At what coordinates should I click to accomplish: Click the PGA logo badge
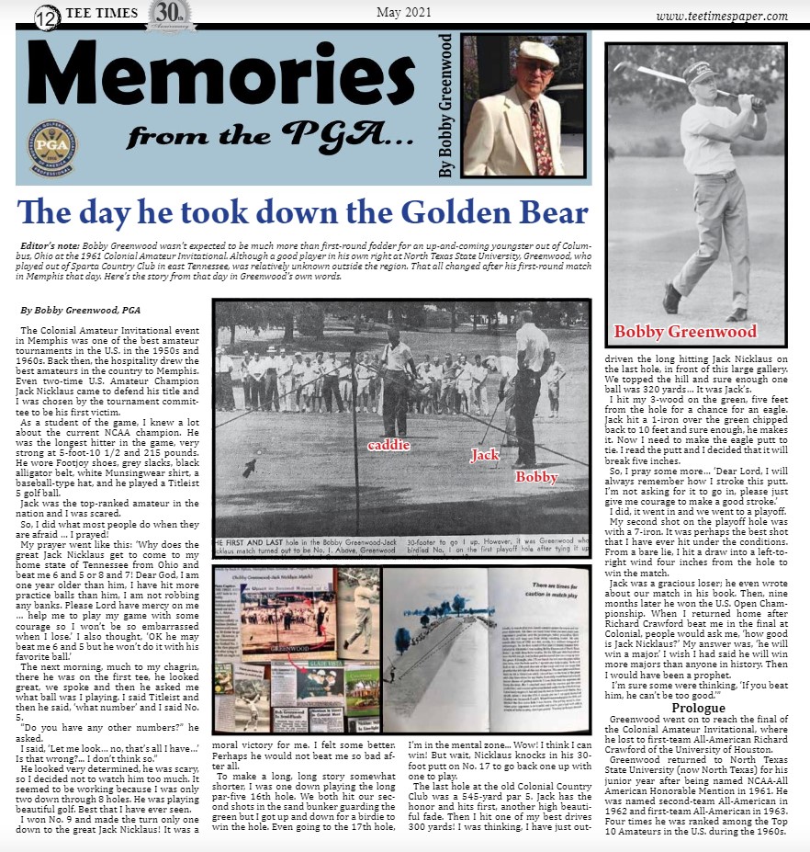pyautogui.click(x=51, y=144)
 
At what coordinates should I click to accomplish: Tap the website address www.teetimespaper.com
pyautogui.click(x=722, y=16)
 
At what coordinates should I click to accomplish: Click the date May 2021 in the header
pyautogui.click(x=405, y=12)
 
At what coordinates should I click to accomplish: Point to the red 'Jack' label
pyautogui.click(x=485, y=454)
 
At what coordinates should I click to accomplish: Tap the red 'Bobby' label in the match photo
pyautogui.click(x=536, y=477)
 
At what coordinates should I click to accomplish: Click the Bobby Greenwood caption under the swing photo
pyautogui.click(x=685, y=332)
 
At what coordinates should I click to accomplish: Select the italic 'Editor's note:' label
pyautogui.click(x=51, y=248)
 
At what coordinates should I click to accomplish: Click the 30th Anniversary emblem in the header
pyautogui.click(x=170, y=16)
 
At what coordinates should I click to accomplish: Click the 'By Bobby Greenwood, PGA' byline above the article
pyautogui.click(x=80, y=311)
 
